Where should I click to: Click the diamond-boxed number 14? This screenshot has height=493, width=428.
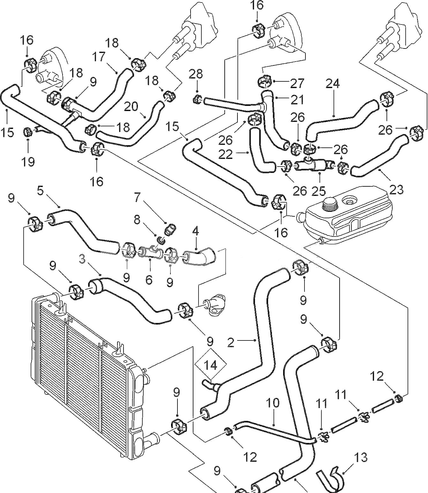click(x=210, y=364)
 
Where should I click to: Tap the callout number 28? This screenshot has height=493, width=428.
click(x=196, y=74)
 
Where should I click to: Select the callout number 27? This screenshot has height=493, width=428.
click(x=297, y=83)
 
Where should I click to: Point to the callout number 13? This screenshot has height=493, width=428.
click(x=360, y=458)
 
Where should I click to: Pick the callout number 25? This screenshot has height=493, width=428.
click(x=319, y=190)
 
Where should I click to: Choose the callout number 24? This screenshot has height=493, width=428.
click(x=333, y=84)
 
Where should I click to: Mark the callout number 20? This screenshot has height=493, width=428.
click(x=131, y=107)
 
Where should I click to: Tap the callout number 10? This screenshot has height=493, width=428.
click(x=272, y=403)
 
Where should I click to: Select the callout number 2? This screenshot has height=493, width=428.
click(x=230, y=342)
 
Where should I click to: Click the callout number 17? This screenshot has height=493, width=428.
click(x=99, y=57)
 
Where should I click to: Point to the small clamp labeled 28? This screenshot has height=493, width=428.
click(x=196, y=100)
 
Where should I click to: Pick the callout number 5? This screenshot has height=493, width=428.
click(x=40, y=191)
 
